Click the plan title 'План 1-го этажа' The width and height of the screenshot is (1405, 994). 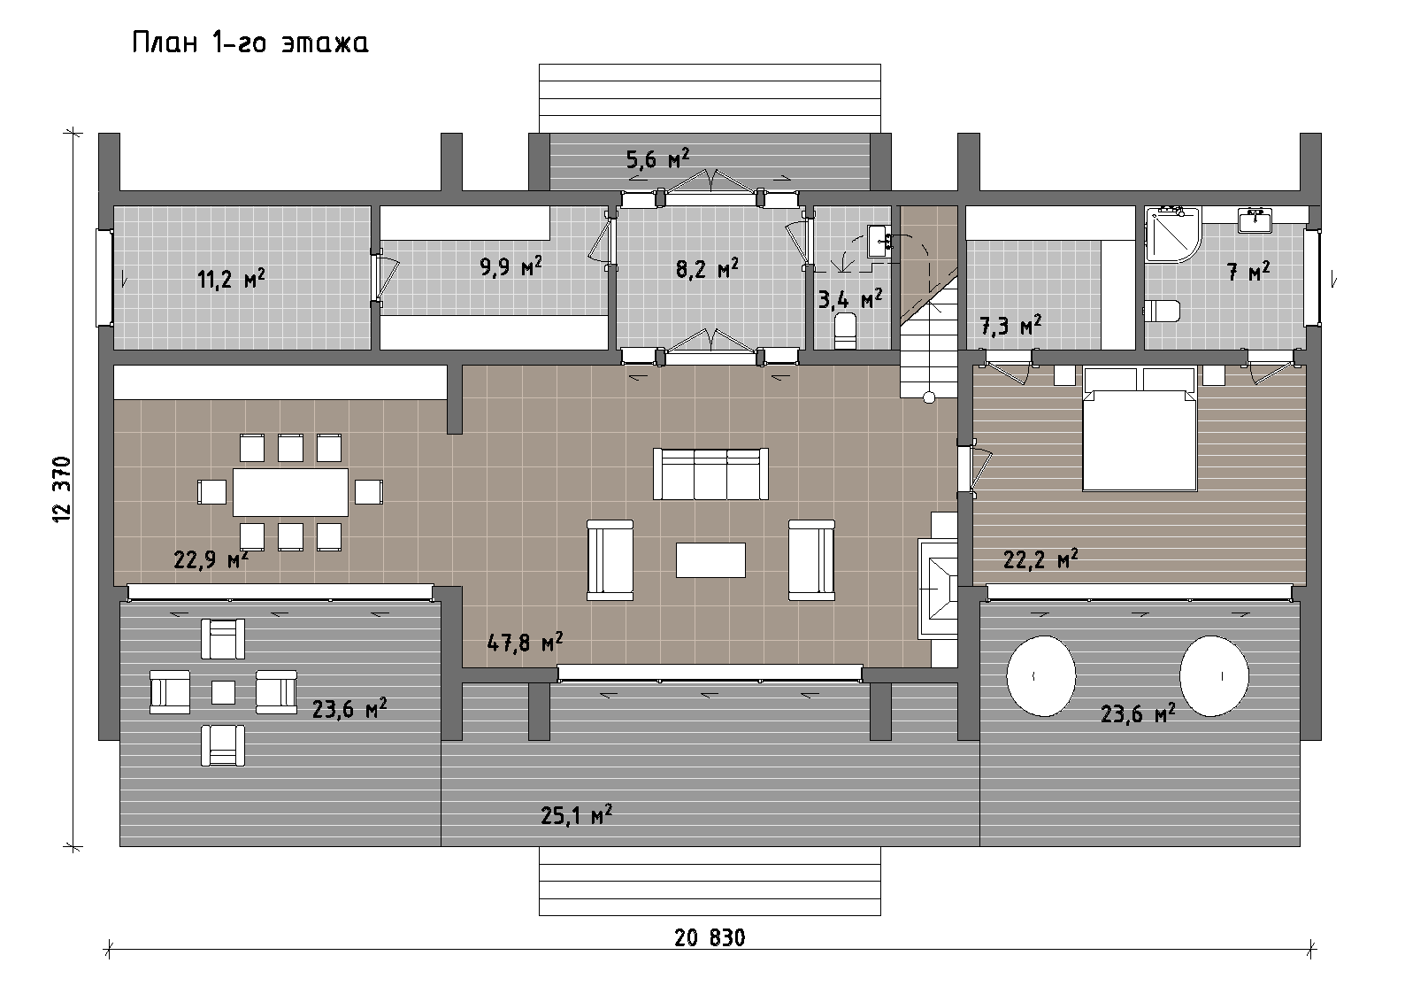250,42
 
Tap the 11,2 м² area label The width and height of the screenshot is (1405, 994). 231,278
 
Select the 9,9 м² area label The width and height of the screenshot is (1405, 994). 511,266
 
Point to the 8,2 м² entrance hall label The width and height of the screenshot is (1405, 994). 707,268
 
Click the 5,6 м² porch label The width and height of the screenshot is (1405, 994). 658,158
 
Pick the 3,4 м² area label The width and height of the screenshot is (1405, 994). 850,298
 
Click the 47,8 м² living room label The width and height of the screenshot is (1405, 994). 525,642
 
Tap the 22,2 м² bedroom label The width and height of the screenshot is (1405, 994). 1040,559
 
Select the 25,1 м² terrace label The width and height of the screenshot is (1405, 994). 576,815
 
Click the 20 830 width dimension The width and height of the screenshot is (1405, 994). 710,937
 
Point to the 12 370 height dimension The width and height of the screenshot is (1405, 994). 63,489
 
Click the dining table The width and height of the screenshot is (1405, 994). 290,492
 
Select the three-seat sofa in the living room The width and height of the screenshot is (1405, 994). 710,474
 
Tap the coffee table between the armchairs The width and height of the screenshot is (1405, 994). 710,559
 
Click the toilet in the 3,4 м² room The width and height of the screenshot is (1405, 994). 846,331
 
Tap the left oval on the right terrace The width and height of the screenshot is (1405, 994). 1041,676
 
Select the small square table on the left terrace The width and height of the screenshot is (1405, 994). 223,693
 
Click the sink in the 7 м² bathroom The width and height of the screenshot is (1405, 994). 1255,221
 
